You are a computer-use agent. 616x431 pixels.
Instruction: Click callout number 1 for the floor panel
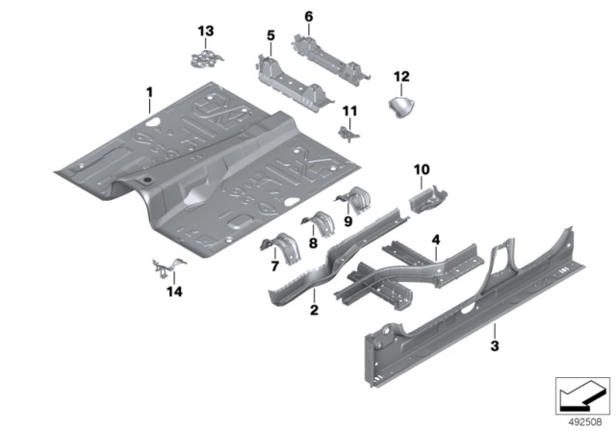[149, 92]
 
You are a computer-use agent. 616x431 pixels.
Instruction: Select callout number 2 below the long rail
[313, 310]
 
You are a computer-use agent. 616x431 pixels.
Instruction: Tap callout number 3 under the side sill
[494, 345]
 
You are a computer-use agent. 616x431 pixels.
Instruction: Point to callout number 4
[436, 239]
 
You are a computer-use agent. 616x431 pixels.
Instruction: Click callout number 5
[270, 38]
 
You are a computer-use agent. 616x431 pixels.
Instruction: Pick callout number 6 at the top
[308, 16]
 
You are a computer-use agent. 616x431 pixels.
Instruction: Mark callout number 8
[312, 244]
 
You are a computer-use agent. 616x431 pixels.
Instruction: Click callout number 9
[348, 220]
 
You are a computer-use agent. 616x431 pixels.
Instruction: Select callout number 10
[421, 170]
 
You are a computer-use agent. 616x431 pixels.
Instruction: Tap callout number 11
[350, 111]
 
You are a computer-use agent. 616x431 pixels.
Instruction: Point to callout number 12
[402, 75]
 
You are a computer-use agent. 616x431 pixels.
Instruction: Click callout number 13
[204, 32]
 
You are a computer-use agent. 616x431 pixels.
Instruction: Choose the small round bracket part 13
[204, 58]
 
